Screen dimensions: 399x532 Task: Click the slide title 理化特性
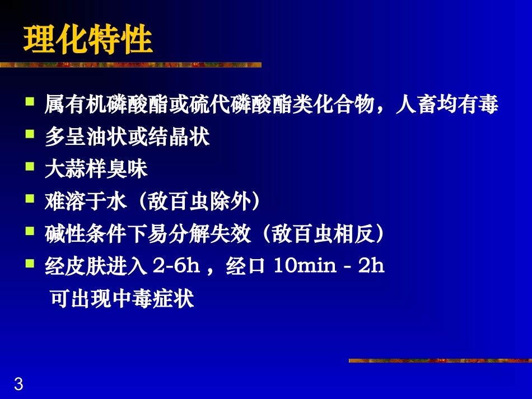pyautogui.click(x=88, y=40)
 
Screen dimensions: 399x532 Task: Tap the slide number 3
pyautogui.click(x=18, y=384)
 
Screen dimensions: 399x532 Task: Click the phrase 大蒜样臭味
pyautogui.click(x=96, y=170)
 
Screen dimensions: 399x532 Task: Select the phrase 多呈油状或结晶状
pyautogui.click(x=127, y=138)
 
